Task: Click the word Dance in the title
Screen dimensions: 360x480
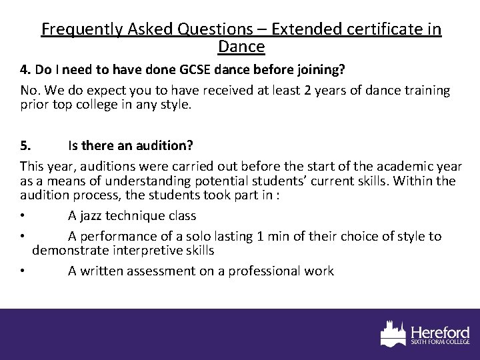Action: [x=241, y=47]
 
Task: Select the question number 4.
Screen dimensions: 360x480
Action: [x=25, y=69]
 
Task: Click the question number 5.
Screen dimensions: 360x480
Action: [x=25, y=145]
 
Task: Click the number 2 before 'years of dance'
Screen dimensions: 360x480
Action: [x=297, y=89]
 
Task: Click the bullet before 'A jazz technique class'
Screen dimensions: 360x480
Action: [x=23, y=215]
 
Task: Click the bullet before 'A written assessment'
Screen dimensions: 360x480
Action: [x=23, y=271]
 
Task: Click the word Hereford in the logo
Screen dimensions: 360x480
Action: [x=441, y=332]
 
